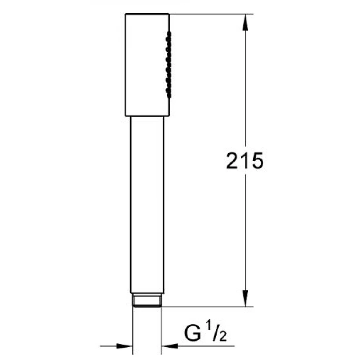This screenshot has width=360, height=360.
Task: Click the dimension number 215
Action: click(x=245, y=161)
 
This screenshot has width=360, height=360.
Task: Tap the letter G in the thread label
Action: click(x=193, y=332)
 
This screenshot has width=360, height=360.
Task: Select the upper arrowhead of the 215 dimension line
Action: click(x=245, y=22)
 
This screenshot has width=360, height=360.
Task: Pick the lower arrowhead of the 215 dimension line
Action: click(x=245, y=299)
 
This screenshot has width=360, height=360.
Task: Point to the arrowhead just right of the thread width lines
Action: click(x=170, y=346)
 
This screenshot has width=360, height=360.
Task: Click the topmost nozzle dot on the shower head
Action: click(x=169, y=34)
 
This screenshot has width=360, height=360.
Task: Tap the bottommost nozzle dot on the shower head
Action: click(x=169, y=95)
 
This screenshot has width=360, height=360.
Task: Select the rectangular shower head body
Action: click(x=147, y=65)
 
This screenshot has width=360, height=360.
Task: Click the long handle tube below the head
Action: click(x=147, y=205)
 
